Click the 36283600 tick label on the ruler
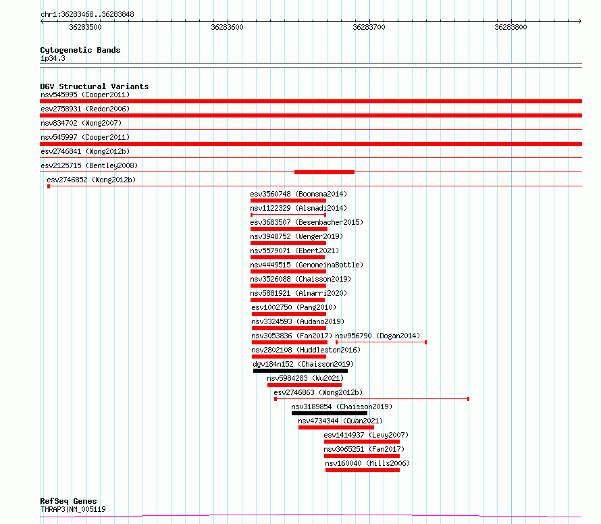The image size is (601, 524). [227, 27]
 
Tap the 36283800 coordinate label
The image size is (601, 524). [511, 27]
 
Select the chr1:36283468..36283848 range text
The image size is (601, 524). [87, 14]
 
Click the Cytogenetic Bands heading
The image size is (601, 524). [80, 50]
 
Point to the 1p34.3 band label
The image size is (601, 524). [53, 58]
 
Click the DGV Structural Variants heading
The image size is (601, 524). [95, 86]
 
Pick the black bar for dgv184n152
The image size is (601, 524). [300, 371]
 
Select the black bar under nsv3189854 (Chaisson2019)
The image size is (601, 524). [330, 413]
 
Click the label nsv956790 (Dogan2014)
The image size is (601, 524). [377, 336]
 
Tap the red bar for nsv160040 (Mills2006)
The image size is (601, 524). [363, 470]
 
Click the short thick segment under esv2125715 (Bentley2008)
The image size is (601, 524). [324, 172]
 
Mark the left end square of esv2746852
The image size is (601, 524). [49, 186]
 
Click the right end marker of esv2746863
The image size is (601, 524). [469, 399]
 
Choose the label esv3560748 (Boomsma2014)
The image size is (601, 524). [298, 194]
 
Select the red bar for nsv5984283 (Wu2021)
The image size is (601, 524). [305, 385]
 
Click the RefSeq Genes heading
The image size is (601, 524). [68, 501]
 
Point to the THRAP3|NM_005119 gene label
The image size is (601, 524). [73, 509]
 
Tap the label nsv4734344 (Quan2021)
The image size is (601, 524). [340, 421]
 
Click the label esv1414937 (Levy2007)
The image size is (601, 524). [366, 435]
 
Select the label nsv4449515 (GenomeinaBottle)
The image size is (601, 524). [307, 265]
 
